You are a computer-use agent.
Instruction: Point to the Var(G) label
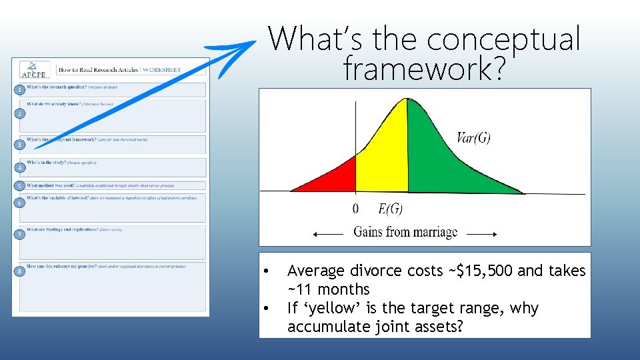474,138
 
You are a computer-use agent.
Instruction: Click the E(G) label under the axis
390,209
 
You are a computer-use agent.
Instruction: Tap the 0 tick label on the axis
355,209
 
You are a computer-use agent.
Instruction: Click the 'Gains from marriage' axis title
405,232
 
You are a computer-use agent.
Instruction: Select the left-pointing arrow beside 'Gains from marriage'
329,233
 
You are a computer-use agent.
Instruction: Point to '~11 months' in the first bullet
328,289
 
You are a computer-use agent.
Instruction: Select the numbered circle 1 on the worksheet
21,89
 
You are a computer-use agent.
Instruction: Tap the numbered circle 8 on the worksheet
21,271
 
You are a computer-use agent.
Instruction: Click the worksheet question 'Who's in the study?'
47,163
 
